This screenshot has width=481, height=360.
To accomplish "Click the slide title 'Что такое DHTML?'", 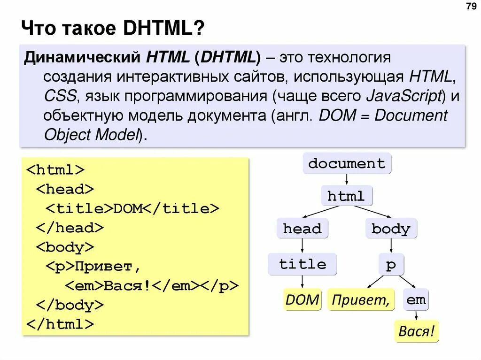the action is click(113, 29).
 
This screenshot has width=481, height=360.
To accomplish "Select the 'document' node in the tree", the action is click(347, 164).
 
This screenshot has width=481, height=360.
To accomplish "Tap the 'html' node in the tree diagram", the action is click(346, 196).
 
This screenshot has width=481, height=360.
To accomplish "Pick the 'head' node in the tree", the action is click(302, 229).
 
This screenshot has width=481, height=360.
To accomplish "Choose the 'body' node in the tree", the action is click(391, 229).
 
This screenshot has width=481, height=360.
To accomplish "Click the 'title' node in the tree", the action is click(303, 264).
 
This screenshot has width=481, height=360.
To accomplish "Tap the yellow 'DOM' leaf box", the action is click(302, 300).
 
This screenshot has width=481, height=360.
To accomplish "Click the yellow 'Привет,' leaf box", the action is click(361, 300).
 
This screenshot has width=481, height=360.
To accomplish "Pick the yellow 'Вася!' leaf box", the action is click(416, 332).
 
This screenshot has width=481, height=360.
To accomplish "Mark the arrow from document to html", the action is click(347, 180).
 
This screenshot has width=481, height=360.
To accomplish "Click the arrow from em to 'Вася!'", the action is click(416, 316).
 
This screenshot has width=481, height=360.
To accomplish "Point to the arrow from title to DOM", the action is click(302, 282).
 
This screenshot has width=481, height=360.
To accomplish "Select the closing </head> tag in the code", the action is click(70, 228).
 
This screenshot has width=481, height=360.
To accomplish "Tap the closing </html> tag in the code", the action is click(61, 324).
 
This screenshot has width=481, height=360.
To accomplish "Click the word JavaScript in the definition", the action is click(403, 96).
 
